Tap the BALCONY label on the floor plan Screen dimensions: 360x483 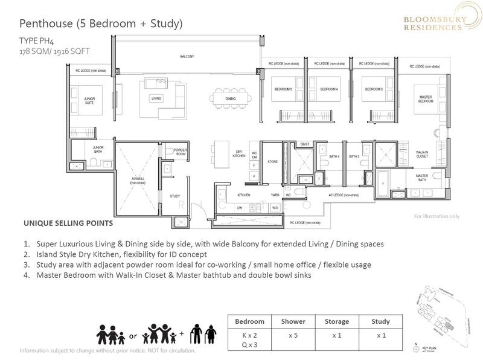187,56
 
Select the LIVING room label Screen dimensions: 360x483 156,97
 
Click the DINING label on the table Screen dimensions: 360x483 231,98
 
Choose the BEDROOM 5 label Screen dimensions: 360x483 283,89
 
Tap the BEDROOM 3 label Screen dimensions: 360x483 373,89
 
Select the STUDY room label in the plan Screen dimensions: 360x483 175,196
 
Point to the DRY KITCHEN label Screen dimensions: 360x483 239,155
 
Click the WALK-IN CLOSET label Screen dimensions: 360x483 422,155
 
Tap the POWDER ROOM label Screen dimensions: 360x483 181,152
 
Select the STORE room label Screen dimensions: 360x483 272,161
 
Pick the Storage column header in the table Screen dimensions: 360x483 336,321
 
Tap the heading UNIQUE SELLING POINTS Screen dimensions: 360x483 68,223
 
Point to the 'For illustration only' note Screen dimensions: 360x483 436,216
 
